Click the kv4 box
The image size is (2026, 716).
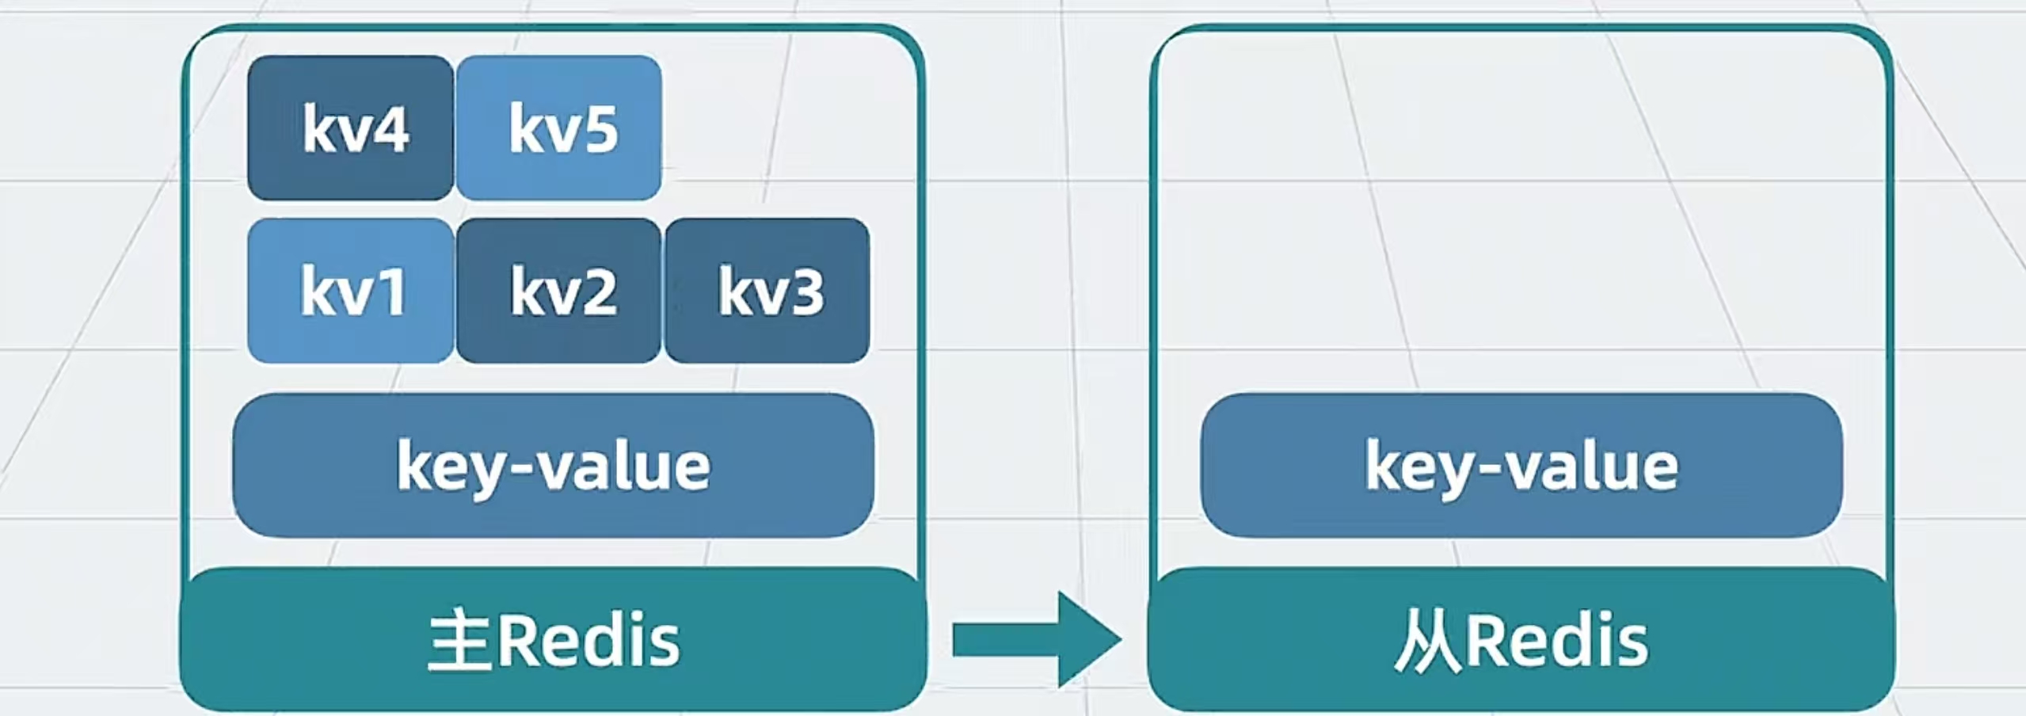[x=350, y=128]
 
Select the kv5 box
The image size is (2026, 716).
[x=558, y=128]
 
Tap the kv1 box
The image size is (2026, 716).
[x=350, y=291]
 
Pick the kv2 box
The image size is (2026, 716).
[x=558, y=291]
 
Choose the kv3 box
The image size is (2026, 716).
[x=767, y=291]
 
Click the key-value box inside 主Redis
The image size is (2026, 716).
[x=553, y=466]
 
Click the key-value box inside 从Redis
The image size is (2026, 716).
[x=1521, y=466]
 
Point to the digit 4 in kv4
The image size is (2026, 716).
[x=389, y=129]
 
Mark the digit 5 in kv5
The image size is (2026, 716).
[x=599, y=129]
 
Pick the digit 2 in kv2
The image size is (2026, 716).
[x=597, y=292]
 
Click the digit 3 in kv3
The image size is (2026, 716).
[x=805, y=292]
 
